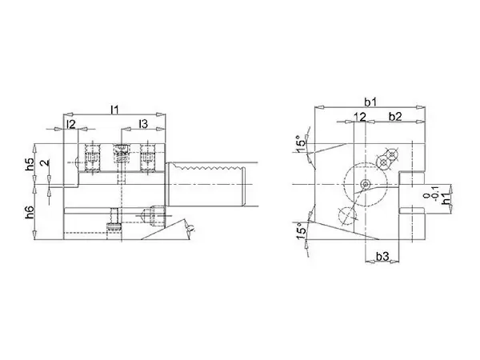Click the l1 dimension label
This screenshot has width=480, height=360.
pyautogui.click(x=114, y=110)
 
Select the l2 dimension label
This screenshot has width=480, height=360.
pyautogui.click(x=70, y=124)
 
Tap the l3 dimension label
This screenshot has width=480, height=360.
pyautogui.click(x=143, y=124)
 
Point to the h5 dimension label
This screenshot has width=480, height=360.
pyautogui.click(x=30, y=164)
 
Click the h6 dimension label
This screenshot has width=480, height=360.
pyautogui.click(x=30, y=213)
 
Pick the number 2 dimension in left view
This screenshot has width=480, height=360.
pyautogui.click(x=46, y=162)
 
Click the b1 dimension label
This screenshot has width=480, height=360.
pyautogui.click(x=370, y=102)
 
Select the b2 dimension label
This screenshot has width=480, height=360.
pyautogui.click(x=395, y=116)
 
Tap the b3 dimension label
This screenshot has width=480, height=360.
pyautogui.click(x=382, y=256)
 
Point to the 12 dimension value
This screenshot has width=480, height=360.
pyautogui.click(x=360, y=117)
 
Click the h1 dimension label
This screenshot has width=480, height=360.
pyautogui.click(x=446, y=198)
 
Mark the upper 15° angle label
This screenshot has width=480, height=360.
pyautogui.click(x=300, y=143)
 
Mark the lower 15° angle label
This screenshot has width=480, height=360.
pyautogui.click(x=301, y=231)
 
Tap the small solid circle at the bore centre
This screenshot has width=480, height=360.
pyautogui.click(x=365, y=184)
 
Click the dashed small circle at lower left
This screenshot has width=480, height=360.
pyautogui.click(x=346, y=216)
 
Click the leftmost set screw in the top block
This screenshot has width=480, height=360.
pyautogui.click(x=92, y=157)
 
